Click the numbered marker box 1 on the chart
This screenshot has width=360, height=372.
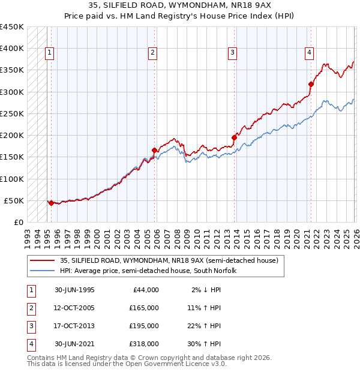pyautogui.click(x=49, y=53)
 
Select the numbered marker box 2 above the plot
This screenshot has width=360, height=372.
pyautogui.click(x=153, y=53)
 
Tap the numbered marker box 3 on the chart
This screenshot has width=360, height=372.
pyautogui.click(x=232, y=53)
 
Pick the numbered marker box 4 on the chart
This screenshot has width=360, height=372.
pyautogui.click(x=309, y=53)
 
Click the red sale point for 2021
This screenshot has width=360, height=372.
pyautogui.click(x=311, y=84)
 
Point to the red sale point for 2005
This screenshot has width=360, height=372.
pyautogui.click(x=154, y=150)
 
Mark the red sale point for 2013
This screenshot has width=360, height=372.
pyautogui.click(x=234, y=137)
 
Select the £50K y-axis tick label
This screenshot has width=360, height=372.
pyautogui.click(x=14, y=200)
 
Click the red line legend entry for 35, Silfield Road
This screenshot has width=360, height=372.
pyautogui.click(x=169, y=261)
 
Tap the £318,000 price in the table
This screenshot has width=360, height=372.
pyautogui.click(x=144, y=344)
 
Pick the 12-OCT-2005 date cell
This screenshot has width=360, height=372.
pyautogui.click(x=75, y=308)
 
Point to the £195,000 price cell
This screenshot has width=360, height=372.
pyautogui.click(x=144, y=326)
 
